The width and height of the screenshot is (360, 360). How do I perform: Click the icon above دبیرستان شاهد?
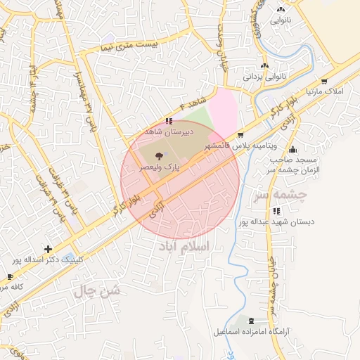(168, 121)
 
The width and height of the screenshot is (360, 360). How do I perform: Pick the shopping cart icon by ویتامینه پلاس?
(241, 134)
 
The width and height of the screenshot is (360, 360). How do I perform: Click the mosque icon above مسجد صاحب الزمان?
(292, 148)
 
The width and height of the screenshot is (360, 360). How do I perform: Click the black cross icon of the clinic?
(47, 248)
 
